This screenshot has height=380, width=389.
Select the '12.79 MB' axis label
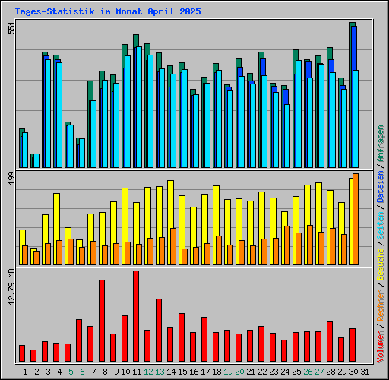tap(11, 288)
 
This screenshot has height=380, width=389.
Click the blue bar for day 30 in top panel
tap(354, 95)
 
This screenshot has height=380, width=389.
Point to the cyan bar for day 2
tap(36, 160)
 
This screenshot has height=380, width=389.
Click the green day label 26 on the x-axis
tap(308, 372)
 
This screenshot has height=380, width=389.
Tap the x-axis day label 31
tap(365, 372)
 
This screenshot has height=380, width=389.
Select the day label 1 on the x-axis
tap(25, 372)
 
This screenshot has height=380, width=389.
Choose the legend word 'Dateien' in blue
tap(380, 186)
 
